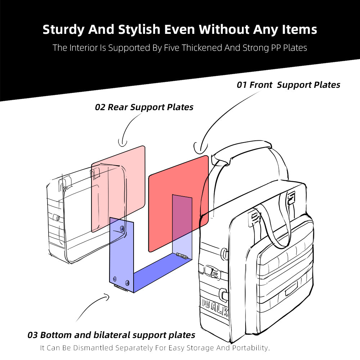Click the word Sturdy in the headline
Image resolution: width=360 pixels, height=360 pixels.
click(63, 30)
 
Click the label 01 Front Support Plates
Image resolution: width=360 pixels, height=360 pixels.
click(288, 85)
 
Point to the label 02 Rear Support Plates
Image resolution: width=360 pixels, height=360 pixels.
click(144, 107)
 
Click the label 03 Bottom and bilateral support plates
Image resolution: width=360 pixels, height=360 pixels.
click(111, 335)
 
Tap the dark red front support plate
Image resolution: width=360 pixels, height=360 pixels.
click(169, 202)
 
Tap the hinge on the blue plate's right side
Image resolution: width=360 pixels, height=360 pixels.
click(181, 256)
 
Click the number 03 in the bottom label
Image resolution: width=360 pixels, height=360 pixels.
click(32, 335)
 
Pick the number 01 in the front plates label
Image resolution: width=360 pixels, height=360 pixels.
click(242, 85)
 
